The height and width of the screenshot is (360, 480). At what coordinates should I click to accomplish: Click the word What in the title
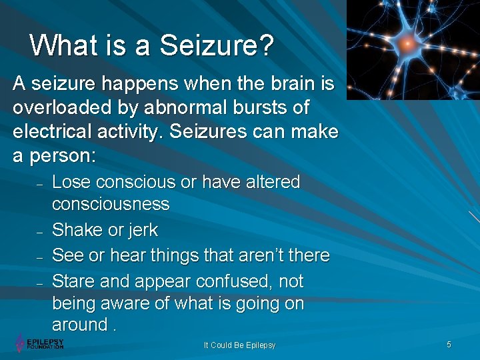[x=62, y=46]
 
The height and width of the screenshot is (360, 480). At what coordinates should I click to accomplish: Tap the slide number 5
[x=449, y=344]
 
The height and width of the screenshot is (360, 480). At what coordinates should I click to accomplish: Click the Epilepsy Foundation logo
[x=40, y=343]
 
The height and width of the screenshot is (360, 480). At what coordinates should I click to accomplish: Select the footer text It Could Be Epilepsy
[x=239, y=345]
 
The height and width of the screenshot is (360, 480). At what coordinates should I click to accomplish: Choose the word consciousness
[x=111, y=204]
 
